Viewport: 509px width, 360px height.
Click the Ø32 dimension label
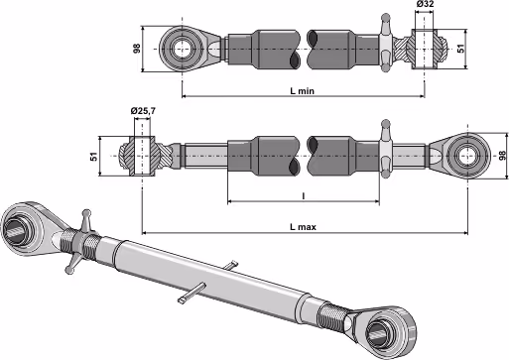point(425,4)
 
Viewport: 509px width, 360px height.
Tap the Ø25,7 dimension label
point(143,111)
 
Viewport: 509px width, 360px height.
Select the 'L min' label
point(303,90)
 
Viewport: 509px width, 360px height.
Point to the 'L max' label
point(303,227)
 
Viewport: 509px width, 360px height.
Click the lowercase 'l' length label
point(304,196)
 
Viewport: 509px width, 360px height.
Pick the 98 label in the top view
point(137,49)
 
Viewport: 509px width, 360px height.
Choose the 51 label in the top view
point(460,49)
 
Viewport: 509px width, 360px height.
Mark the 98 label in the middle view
point(503,156)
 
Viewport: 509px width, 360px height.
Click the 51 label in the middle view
point(94,157)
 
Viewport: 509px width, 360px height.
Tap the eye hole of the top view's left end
point(182,49)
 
